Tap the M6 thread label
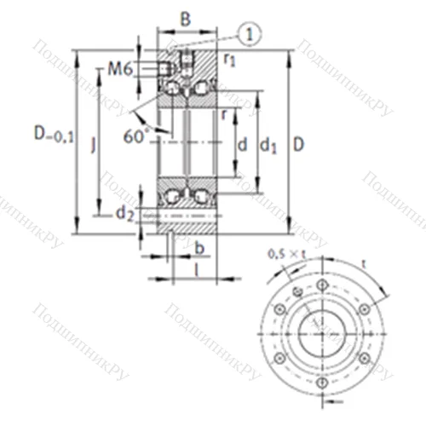pyautogui.click(x=119, y=69)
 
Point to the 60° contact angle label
pyautogui.click(x=135, y=135)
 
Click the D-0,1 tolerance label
pyautogui.click(x=53, y=133)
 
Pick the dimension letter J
pyautogui.click(x=94, y=147)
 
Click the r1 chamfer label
pyautogui.click(x=230, y=60)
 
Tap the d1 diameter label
pyautogui.click(x=269, y=147)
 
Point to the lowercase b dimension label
pyautogui.click(x=199, y=248)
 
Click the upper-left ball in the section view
pyautogui.click(x=173, y=88)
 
